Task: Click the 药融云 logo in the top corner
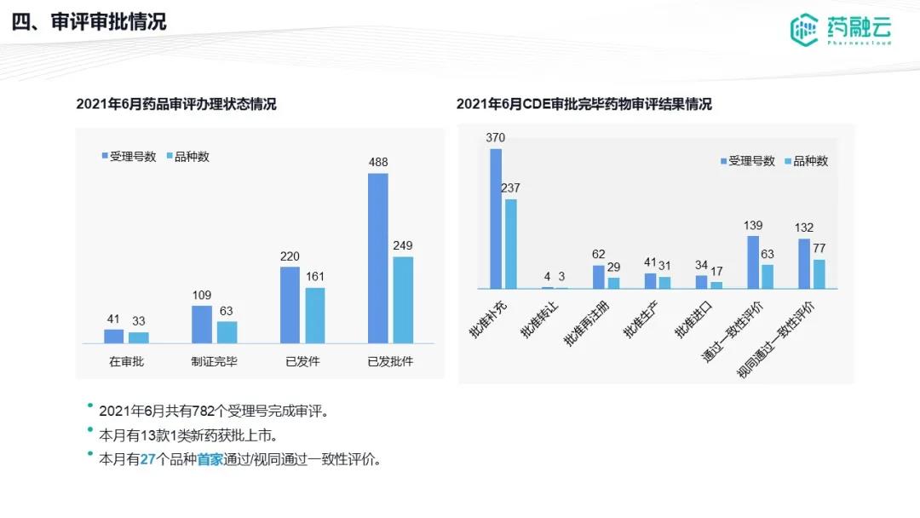click(x=840, y=30)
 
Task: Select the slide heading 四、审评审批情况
click(x=89, y=22)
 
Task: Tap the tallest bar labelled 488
click(x=377, y=258)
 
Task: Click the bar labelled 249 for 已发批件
click(x=403, y=300)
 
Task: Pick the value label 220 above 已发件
click(x=290, y=256)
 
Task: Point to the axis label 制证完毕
click(x=214, y=361)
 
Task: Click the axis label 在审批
click(x=126, y=361)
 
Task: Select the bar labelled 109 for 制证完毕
click(x=202, y=324)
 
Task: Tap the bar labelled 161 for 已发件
click(x=315, y=315)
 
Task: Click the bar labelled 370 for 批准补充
click(x=496, y=219)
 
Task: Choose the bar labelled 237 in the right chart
click(x=511, y=244)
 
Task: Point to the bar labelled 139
click(x=753, y=262)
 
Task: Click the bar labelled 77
click(x=819, y=274)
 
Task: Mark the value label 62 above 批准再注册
click(x=599, y=254)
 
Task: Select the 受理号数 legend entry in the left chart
click(x=128, y=156)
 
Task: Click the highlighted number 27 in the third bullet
click(x=147, y=459)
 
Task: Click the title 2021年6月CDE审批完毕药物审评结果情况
click(x=584, y=104)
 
